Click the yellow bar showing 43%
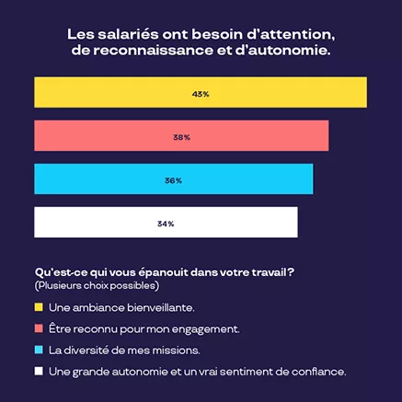110,94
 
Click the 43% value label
201,94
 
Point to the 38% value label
181,137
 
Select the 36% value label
173,180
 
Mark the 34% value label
166,224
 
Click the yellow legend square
39,306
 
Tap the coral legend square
39,328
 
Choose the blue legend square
39,350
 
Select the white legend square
39,372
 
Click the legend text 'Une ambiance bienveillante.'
114,306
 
